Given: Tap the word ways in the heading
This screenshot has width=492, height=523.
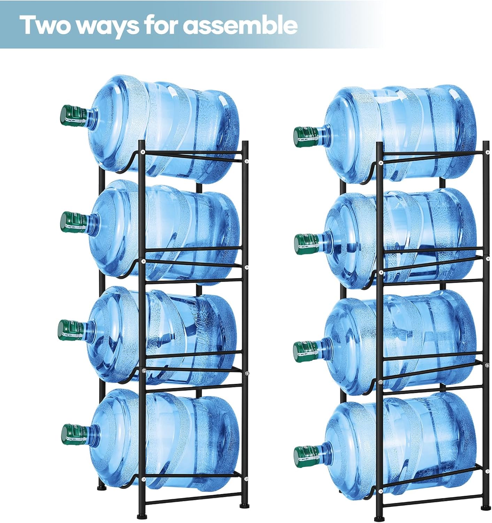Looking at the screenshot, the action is pos(103,26).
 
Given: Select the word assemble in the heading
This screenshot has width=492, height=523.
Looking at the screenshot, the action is pos(241,25).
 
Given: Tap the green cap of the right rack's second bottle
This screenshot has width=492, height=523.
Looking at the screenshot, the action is pos(306,244).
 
